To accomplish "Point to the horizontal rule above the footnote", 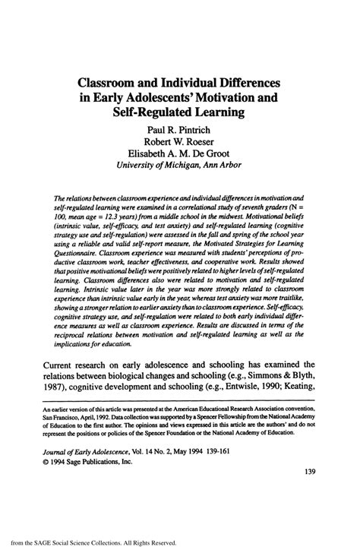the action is tap(179, 403).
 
